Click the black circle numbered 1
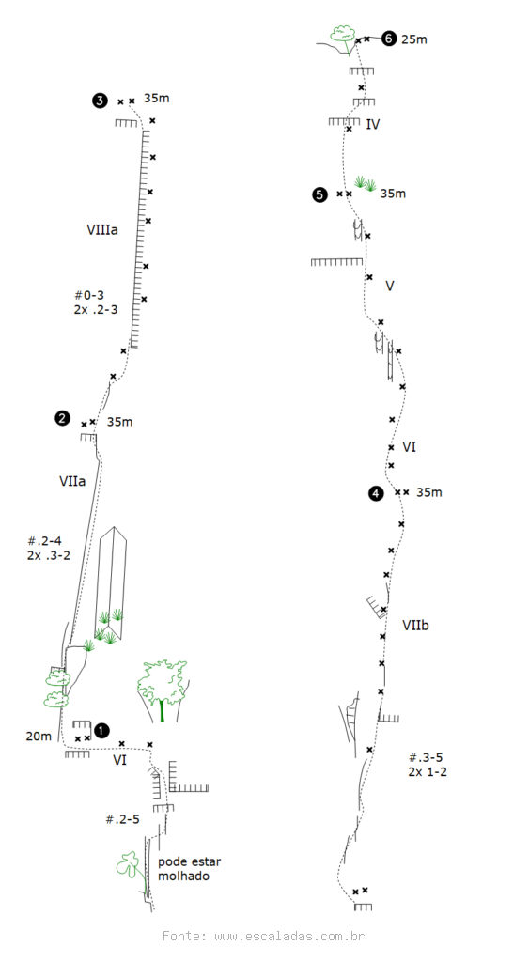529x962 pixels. [x=101, y=731]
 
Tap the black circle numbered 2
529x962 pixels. [x=62, y=418]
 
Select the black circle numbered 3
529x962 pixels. [x=100, y=101]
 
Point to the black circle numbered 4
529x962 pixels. [x=376, y=493]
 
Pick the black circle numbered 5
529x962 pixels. [x=319, y=195]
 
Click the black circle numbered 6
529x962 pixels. [x=388, y=39]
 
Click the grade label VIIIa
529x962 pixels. [x=102, y=231]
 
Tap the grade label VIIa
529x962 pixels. [x=72, y=482]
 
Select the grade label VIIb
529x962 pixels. [x=415, y=626]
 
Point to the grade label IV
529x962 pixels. [x=372, y=125]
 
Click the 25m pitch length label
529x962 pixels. [x=414, y=39]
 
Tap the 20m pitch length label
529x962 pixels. [x=39, y=737]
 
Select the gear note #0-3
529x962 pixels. [x=89, y=296]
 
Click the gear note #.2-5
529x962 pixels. [x=123, y=819]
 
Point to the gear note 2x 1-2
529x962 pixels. [x=428, y=772]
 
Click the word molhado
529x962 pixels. [x=183, y=877]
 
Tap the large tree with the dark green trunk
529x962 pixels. [x=162, y=690]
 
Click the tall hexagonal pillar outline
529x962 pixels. [x=111, y=582]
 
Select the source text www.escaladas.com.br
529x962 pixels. [x=289, y=937]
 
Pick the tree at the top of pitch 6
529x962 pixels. [x=343, y=36]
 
